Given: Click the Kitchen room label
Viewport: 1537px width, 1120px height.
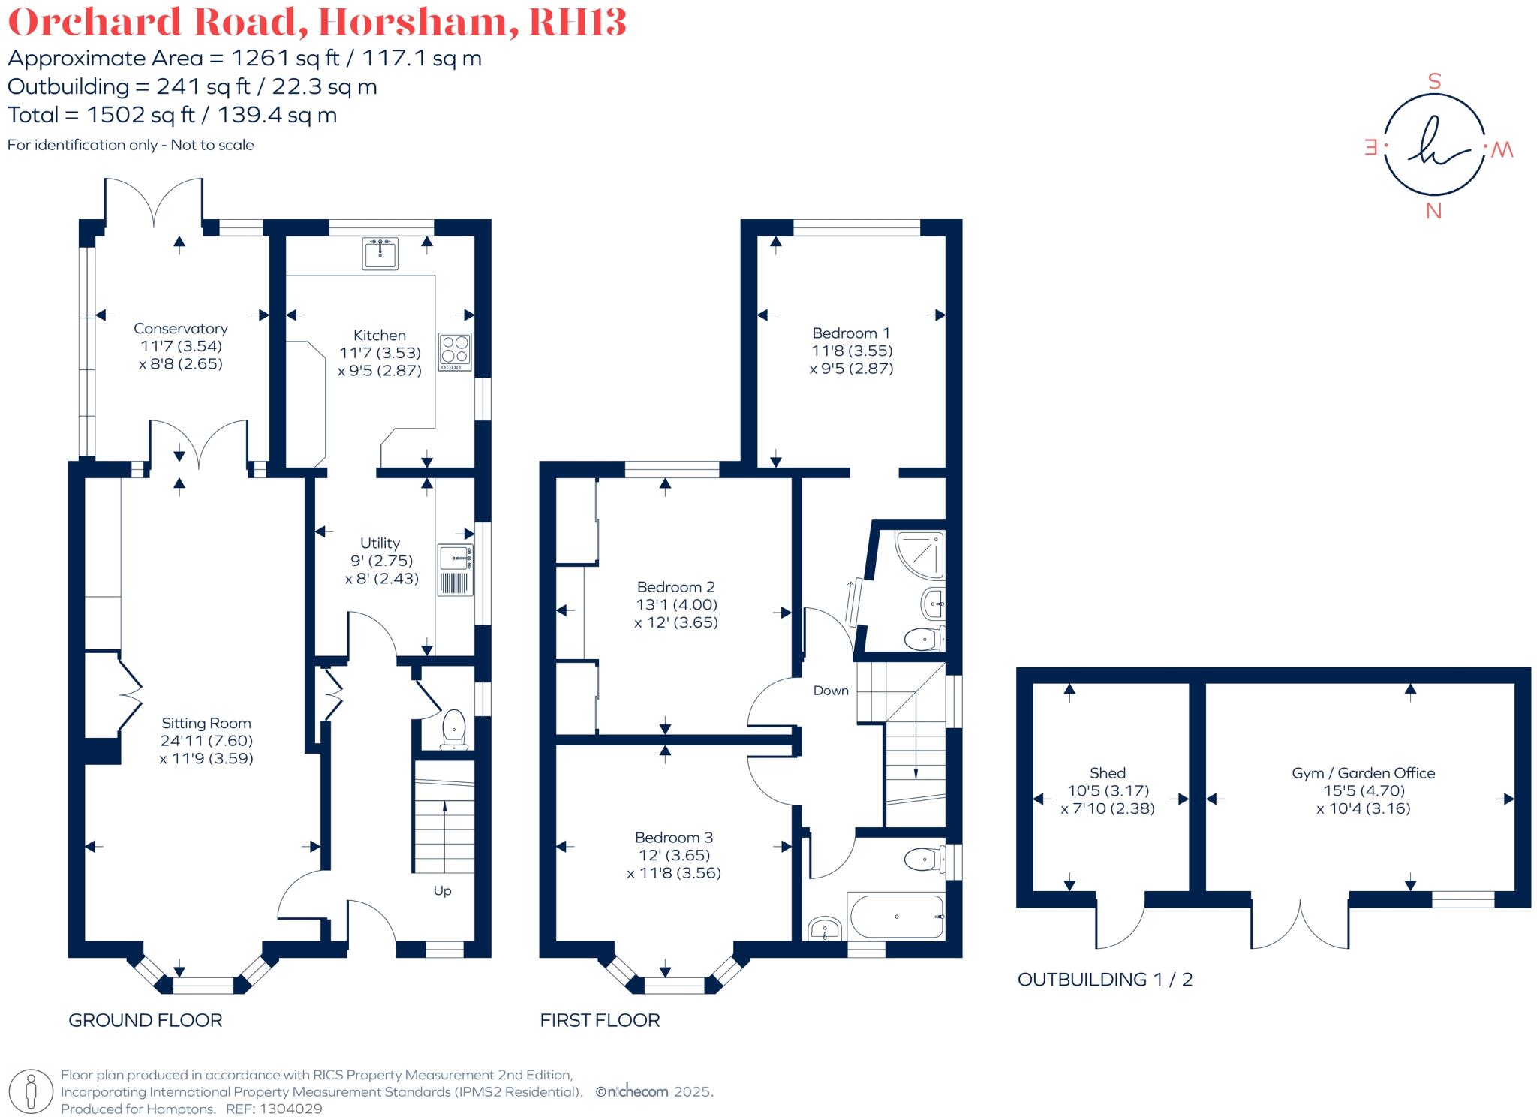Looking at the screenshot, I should click(x=379, y=336).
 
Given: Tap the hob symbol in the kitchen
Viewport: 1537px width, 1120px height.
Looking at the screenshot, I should click(x=455, y=351).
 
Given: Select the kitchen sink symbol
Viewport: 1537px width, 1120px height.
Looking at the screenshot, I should click(x=380, y=253).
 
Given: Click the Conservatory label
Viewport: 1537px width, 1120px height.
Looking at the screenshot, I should click(x=180, y=329).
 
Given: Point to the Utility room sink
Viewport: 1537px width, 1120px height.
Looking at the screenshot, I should click(x=455, y=558).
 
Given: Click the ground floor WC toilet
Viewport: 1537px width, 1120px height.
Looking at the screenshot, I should click(x=454, y=728).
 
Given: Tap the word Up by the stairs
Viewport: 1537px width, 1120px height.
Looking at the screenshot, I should click(x=442, y=891).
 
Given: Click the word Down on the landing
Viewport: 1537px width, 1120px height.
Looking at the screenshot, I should click(x=831, y=691).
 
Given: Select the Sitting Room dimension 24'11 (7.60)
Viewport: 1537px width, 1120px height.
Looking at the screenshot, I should click(x=206, y=741).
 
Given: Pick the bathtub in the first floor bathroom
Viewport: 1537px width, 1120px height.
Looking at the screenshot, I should click(x=896, y=917).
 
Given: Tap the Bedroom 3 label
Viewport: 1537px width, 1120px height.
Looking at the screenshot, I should click(x=673, y=838).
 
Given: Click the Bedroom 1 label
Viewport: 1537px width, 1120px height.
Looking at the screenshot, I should click(x=850, y=333).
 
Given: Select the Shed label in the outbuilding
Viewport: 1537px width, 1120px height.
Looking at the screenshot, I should click(x=1107, y=773).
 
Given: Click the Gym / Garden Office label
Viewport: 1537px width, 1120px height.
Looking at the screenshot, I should click(x=1363, y=773).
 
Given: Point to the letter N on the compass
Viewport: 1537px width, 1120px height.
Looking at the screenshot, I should click(x=1433, y=212).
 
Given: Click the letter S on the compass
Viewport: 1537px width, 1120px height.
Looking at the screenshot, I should click(x=1434, y=82).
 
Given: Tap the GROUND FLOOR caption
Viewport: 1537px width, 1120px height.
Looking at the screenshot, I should click(x=146, y=1020).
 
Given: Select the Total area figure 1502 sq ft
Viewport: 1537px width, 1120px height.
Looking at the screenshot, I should click(x=140, y=115).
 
